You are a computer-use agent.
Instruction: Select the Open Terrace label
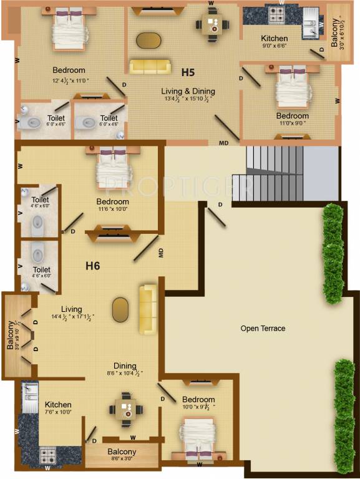click(x=263, y=328)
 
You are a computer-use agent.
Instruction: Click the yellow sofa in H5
click(x=150, y=66)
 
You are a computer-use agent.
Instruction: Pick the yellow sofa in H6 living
click(x=148, y=309)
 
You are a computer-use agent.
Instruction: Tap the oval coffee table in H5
click(x=148, y=39)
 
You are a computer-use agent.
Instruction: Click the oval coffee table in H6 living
click(x=120, y=308)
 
